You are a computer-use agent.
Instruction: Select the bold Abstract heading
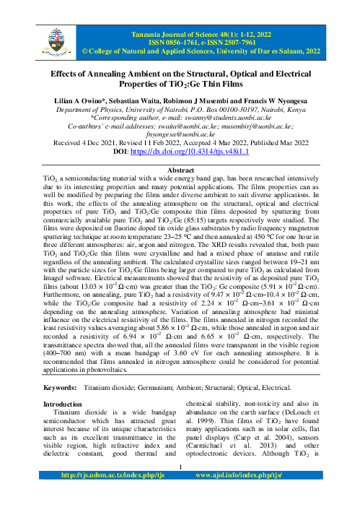[x=180, y=164]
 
